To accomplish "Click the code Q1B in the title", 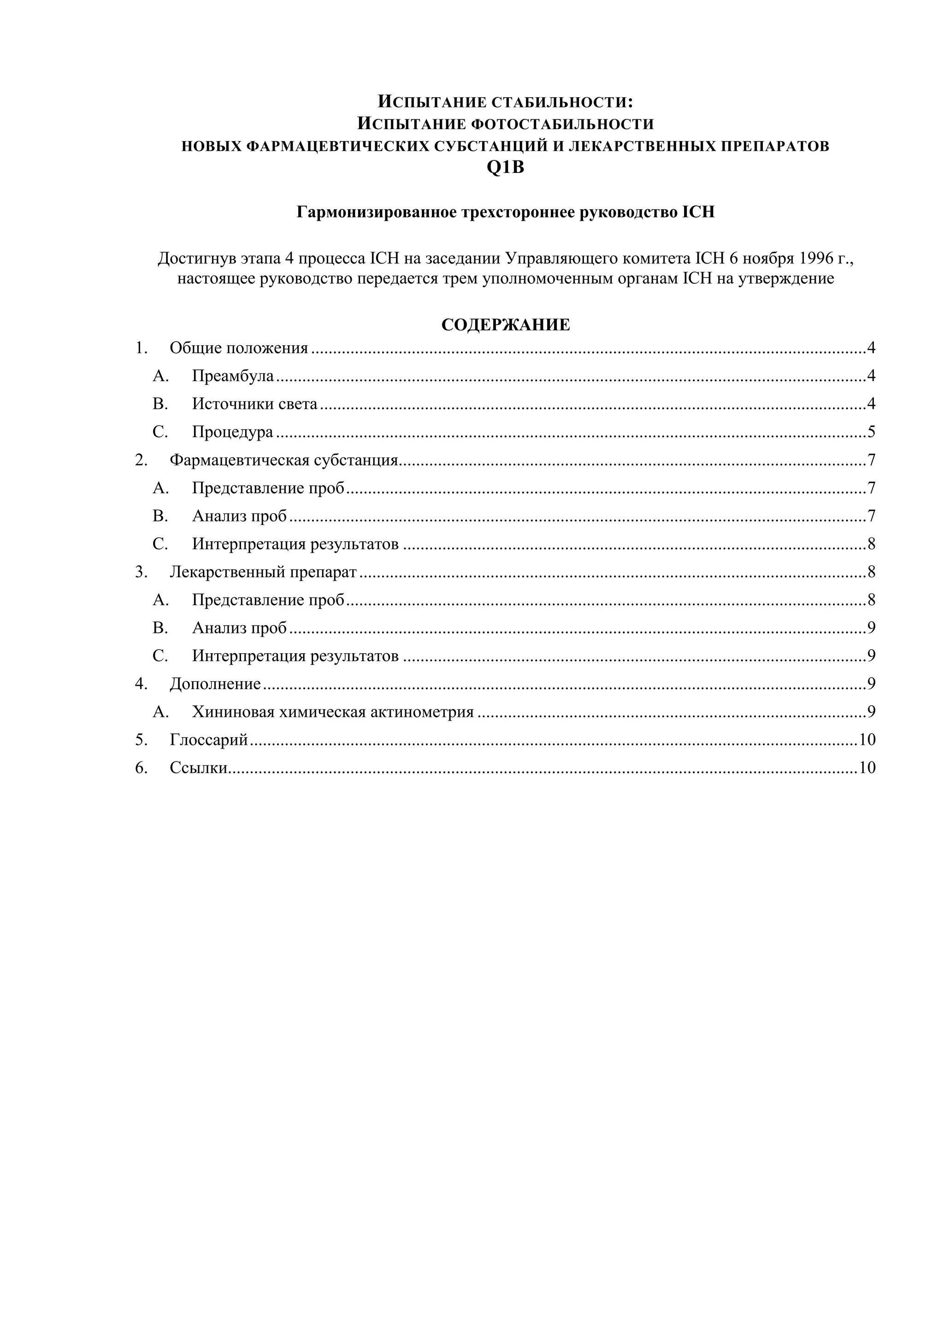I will point(505,168).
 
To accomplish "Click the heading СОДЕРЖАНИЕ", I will point(505,325).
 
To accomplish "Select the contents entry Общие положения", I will point(238,349).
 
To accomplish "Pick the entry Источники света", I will point(254,404).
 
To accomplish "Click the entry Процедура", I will point(232,432).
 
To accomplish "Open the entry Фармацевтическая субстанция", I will point(283,461).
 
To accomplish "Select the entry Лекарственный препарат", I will point(263,572).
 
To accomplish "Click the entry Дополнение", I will point(215,684).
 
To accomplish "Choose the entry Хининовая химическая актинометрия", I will point(332,712).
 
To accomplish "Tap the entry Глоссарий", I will point(209,739).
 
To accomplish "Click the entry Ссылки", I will point(198,768).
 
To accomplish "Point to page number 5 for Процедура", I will point(871,432).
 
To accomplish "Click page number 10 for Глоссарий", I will point(867,739).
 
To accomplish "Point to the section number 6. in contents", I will point(141,768).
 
